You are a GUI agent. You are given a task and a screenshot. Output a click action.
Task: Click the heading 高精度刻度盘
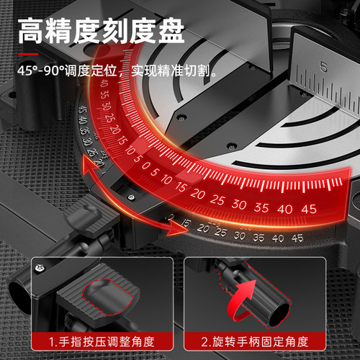click(101, 32)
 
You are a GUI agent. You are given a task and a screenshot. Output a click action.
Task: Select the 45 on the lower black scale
click(297, 238)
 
